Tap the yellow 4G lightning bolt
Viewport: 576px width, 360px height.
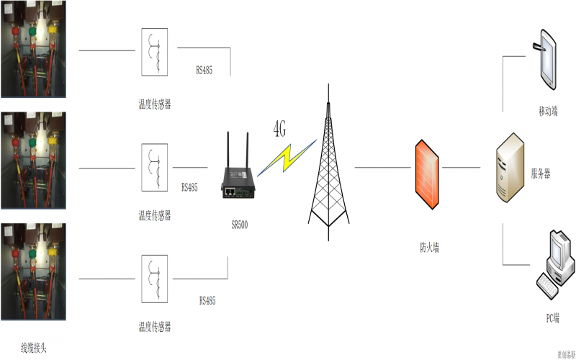click(287, 157)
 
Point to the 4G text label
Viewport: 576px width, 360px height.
click(279, 130)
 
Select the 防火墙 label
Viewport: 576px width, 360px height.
click(430, 247)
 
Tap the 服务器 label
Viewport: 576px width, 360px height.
click(541, 174)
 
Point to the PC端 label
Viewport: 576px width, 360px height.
click(552, 318)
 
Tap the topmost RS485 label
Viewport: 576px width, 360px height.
click(204, 71)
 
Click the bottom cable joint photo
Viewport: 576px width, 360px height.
click(33, 271)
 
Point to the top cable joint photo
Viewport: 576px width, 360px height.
click(33, 49)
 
